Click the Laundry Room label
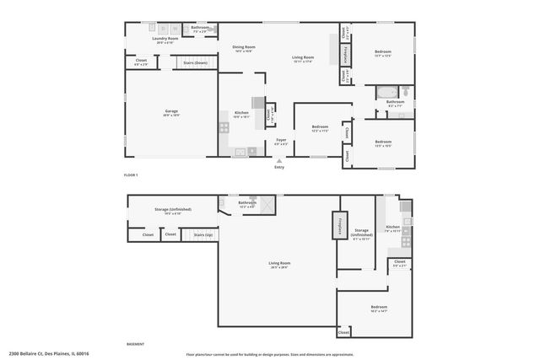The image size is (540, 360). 165,39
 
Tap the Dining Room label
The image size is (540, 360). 244,48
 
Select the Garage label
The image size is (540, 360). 171,112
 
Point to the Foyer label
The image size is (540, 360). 281,140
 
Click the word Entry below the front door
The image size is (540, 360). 279,167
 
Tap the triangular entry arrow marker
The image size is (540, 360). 279,160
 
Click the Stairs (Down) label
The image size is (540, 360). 195,62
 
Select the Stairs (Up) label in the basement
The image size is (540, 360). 202,234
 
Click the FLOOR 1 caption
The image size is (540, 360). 131,174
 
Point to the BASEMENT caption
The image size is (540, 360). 135,344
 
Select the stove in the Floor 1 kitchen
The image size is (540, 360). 224,127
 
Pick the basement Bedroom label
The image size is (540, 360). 379,308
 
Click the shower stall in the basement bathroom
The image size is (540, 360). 267,203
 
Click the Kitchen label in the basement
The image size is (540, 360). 392,228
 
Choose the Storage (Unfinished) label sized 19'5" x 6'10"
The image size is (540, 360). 173,210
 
